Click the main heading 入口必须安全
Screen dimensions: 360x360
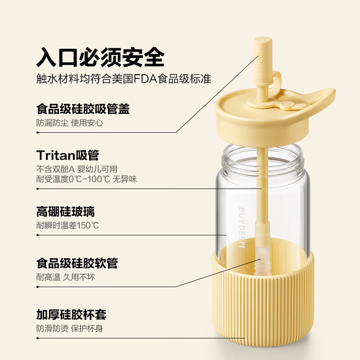100,57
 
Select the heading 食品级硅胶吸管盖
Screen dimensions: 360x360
83,109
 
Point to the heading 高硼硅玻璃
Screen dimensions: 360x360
65,211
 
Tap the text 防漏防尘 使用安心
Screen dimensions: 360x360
70,122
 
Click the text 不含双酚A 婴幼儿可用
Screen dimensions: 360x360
76,169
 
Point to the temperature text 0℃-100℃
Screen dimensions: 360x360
90,179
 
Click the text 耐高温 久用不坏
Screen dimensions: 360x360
65,277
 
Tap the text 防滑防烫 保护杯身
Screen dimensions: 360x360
70,328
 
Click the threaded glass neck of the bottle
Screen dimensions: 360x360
261,155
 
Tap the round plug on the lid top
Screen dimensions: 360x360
286,106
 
